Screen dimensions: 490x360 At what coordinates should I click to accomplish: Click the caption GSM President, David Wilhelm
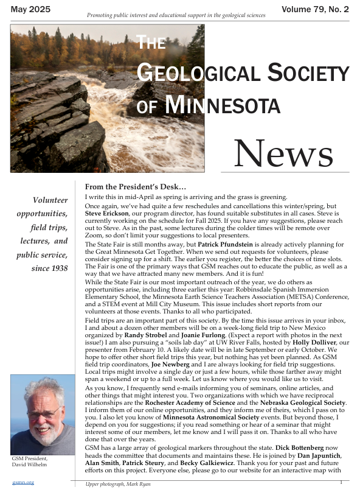[30, 461]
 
